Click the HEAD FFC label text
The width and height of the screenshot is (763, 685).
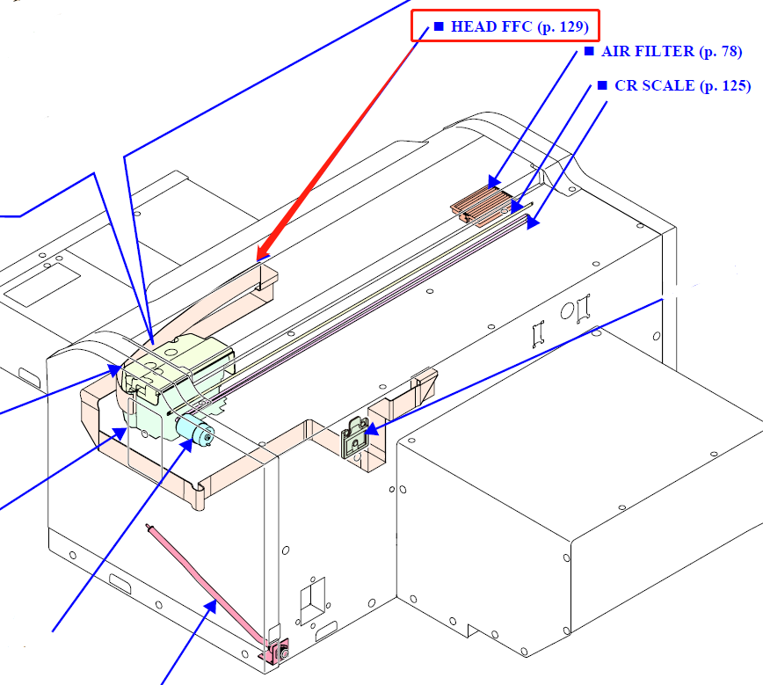[x=491, y=26]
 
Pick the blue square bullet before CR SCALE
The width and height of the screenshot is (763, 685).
[x=602, y=85]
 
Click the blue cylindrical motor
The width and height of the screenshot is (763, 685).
[x=195, y=432]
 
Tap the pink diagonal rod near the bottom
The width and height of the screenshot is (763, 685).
[x=207, y=580]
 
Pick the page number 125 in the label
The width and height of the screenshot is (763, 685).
[x=734, y=85]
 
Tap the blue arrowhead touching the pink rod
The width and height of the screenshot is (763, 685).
[x=211, y=602]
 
